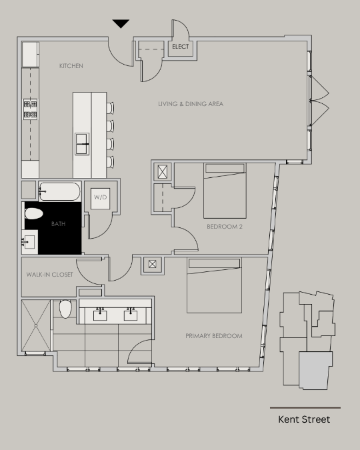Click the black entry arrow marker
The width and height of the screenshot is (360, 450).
(x=121, y=23)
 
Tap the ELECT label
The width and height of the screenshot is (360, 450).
(x=181, y=47)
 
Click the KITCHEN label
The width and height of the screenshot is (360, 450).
(x=71, y=66)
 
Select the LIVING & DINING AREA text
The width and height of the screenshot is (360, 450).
(x=191, y=104)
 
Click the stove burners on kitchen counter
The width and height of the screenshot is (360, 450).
(x=30, y=109)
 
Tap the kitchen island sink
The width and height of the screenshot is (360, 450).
(x=82, y=144)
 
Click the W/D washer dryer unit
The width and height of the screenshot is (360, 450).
(x=101, y=198)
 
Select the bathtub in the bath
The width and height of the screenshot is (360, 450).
(x=59, y=191)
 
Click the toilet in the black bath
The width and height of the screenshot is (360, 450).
(x=34, y=213)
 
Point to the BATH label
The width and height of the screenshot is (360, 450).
(x=58, y=224)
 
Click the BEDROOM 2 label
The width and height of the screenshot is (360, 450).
(x=225, y=227)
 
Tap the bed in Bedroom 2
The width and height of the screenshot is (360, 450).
(x=225, y=191)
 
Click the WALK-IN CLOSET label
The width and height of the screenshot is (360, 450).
(x=49, y=275)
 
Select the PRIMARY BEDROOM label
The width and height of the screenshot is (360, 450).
(x=214, y=336)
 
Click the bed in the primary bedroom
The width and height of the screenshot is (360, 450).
(x=214, y=285)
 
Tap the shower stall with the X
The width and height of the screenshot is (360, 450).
(x=36, y=325)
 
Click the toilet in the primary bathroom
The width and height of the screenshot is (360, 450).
(x=65, y=309)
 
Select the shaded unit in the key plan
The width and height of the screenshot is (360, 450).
(x=315, y=370)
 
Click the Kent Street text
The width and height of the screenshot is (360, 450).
(x=304, y=419)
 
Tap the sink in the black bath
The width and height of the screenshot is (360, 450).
(x=29, y=242)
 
